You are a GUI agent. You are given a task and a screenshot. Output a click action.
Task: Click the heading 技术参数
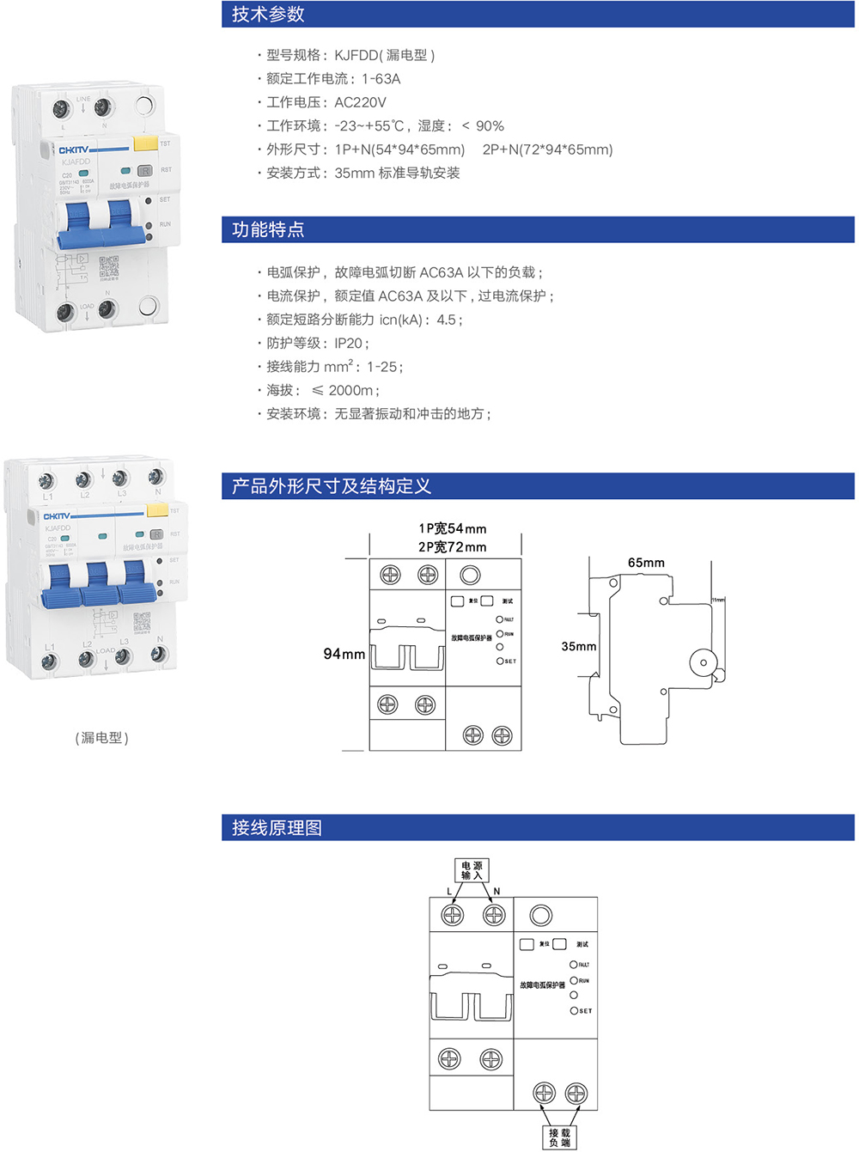[268, 15]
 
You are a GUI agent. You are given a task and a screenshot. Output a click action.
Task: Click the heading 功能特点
[268, 229]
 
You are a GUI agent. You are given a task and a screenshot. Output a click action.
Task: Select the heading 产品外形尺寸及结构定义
[331, 486]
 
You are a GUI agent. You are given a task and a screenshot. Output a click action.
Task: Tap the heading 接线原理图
[277, 828]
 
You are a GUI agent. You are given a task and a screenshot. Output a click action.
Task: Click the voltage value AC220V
[360, 102]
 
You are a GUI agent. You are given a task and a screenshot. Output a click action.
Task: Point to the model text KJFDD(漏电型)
[384, 55]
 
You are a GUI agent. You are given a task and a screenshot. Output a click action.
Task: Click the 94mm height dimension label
[344, 654]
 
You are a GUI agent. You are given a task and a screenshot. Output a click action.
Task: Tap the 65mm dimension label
[646, 563]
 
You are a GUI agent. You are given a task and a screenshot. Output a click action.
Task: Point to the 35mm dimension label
[578, 646]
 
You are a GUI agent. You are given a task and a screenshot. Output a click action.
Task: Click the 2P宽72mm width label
[452, 547]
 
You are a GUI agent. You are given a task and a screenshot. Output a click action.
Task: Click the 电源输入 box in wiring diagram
[472, 869]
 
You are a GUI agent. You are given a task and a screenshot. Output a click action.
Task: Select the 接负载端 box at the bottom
[559, 1137]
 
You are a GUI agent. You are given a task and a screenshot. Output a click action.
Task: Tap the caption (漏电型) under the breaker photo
[101, 738]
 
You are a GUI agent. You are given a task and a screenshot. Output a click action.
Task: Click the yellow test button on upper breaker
[145, 143]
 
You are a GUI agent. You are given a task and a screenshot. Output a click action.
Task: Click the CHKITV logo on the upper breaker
[74, 149]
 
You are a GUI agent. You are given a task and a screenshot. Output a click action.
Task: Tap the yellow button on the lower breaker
[157, 510]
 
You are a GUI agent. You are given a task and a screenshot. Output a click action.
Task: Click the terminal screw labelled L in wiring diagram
[452, 915]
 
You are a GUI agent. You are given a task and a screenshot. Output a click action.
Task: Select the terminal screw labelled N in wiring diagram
[494, 915]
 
